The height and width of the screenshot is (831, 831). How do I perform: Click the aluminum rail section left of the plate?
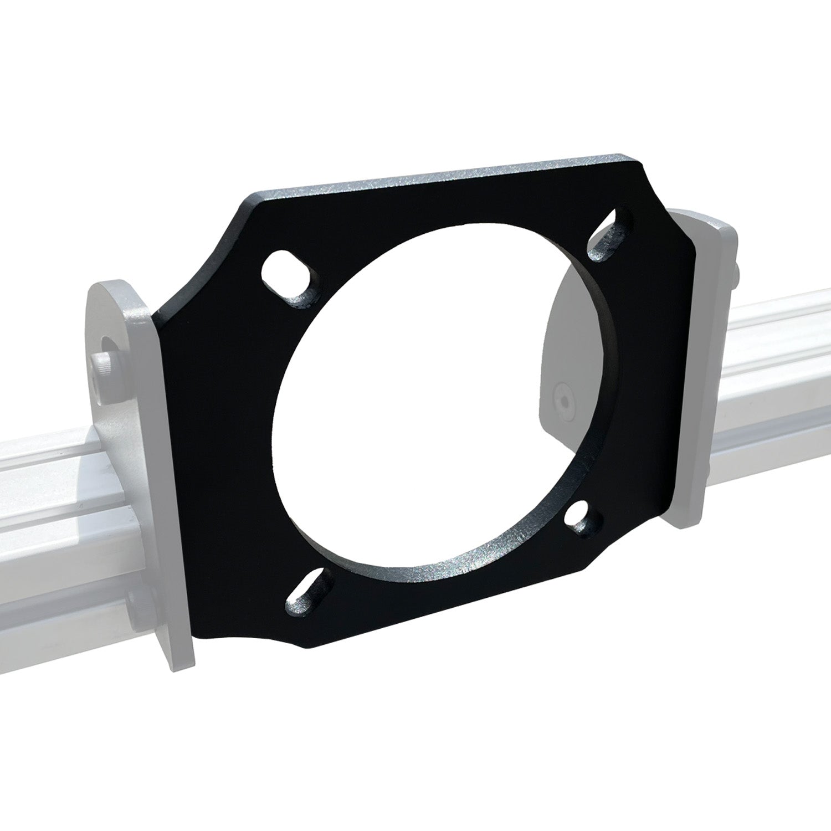(66, 499)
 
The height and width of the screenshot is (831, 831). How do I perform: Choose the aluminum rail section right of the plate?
(776, 388)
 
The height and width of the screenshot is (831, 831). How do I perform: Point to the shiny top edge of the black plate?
(443, 177)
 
